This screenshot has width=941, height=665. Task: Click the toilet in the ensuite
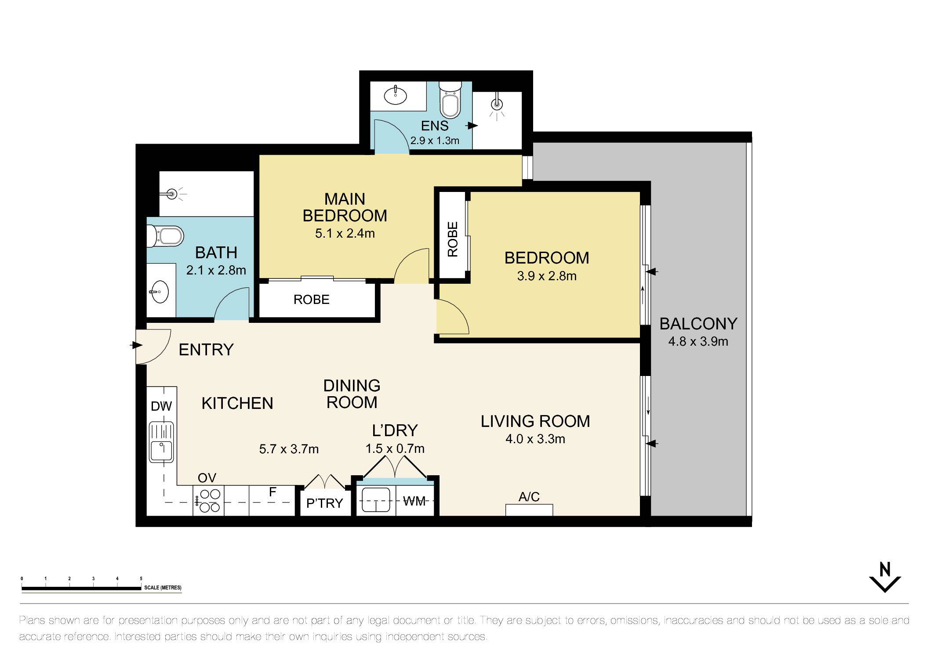coord(451,102)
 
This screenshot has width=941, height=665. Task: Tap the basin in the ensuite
coord(396,96)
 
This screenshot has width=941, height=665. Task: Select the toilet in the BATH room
coord(166,236)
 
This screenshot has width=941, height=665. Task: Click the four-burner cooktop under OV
coord(208,500)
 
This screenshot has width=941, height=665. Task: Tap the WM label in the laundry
coord(414,501)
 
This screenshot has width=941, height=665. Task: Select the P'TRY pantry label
coord(324,503)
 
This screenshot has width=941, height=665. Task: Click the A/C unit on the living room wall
coord(529,510)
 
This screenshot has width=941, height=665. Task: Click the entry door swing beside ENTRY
coord(152,346)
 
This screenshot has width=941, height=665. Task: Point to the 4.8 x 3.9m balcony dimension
coord(698,341)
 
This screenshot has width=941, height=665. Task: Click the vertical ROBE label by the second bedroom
coord(453,239)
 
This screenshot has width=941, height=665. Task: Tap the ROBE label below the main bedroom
coord(311,300)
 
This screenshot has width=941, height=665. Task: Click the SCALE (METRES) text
coord(163,588)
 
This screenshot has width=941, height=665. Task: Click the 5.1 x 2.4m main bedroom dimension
coord(345,234)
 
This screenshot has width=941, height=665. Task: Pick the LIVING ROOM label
coord(535,421)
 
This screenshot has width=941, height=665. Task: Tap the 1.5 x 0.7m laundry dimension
coord(395,448)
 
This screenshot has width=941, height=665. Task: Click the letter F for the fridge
coord(272,492)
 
